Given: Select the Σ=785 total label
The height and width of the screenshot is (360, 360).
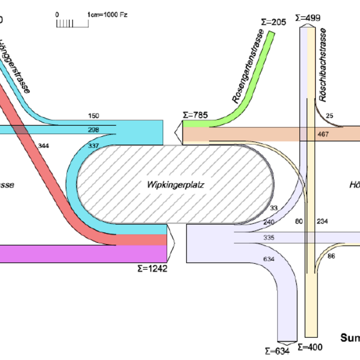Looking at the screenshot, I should click(x=195, y=115).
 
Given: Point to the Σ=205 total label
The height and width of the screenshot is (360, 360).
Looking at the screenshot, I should click(x=274, y=22).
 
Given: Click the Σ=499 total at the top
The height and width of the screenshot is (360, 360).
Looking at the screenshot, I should click(x=307, y=18).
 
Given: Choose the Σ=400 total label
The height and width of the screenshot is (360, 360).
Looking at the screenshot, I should click(x=311, y=346).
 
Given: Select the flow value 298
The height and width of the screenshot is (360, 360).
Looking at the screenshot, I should click(x=94, y=130).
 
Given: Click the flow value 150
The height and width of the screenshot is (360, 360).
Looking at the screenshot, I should click(x=94, y=116).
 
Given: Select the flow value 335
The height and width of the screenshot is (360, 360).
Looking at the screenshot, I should click(x=269, y=238).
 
